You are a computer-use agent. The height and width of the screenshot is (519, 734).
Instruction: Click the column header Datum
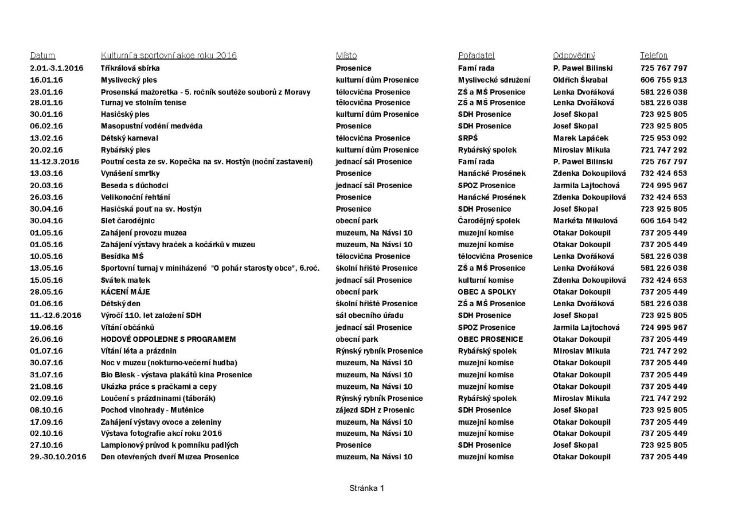(42, 56)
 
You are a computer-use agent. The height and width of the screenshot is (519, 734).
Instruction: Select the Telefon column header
(654, 56)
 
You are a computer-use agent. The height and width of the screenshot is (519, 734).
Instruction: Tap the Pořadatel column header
(476, 56)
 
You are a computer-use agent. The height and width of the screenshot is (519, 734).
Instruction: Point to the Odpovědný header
(574, 56)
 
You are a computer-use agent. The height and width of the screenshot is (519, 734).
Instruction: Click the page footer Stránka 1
(366, 488)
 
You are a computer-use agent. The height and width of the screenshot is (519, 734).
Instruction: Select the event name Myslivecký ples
(128, 80)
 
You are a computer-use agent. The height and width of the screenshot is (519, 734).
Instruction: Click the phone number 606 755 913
(663, 80)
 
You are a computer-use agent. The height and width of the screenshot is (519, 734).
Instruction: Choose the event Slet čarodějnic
(127, 221)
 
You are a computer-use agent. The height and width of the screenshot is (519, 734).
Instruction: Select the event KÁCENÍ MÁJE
(125, 292)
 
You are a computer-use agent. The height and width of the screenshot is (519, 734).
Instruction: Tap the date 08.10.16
(46, 410)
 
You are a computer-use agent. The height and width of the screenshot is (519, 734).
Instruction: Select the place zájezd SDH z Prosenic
(375, 410)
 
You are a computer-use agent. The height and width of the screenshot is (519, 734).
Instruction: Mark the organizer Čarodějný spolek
(489, 221)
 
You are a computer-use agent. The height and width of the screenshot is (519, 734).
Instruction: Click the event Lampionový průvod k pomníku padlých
(169, 445)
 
